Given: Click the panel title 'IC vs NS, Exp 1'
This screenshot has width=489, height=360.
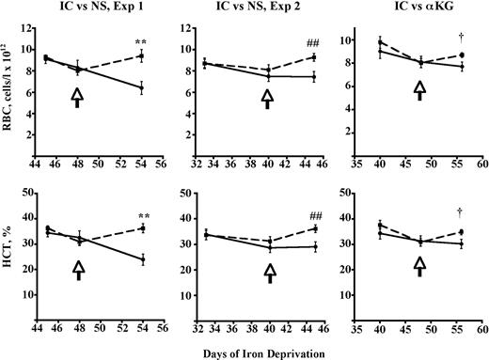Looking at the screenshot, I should pos(95,9).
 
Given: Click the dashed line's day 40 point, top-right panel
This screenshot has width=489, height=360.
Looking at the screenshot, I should pos(380,42).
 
